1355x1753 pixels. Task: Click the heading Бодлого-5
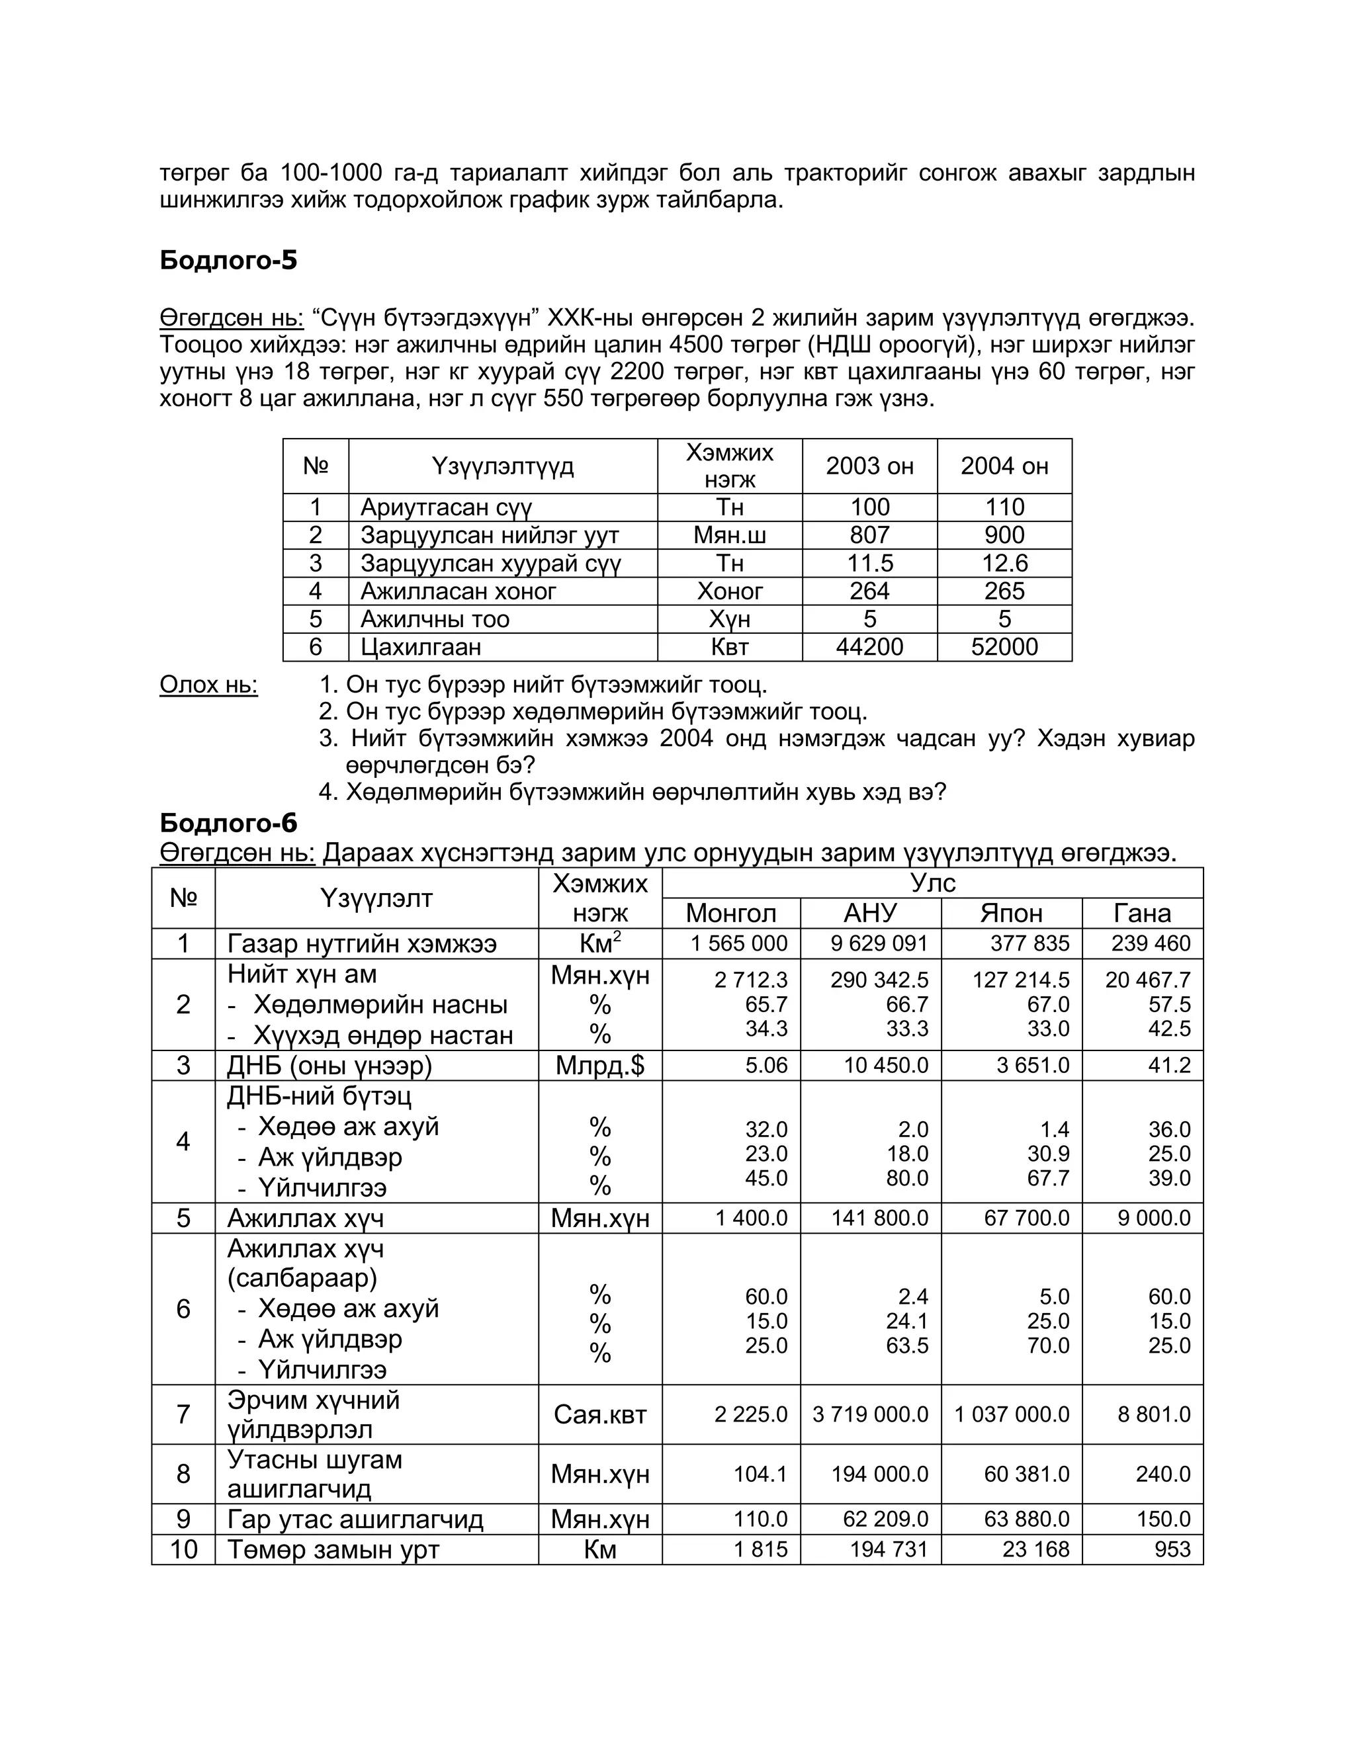coord(228,260)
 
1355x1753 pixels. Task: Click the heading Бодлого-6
coord(228,824)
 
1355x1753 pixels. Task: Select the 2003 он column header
coord(869,466)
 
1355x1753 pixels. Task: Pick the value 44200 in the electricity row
coord(869,647)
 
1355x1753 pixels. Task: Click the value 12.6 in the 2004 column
coord(1004,564)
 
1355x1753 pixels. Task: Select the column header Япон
coord(1011,914)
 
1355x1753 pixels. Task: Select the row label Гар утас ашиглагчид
coord(355,1519)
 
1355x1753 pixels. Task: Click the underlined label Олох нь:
coord(208,685)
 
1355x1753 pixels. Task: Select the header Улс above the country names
coord(932,883)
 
